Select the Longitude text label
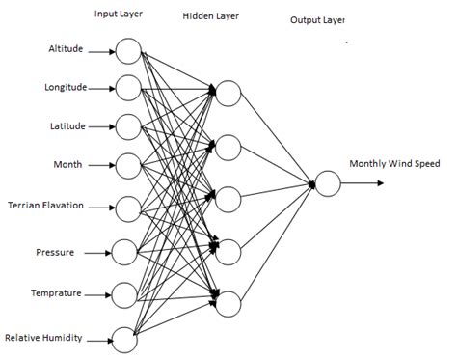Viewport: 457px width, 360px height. click(66, 88)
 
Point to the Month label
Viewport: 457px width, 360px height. click(68, 164)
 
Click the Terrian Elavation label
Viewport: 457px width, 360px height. click(45, 206)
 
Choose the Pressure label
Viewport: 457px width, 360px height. click(55, 252)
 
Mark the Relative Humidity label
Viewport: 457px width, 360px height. click(43, 337)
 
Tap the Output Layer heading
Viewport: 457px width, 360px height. click(317, 20)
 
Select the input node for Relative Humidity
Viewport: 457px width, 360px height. click(125, 337)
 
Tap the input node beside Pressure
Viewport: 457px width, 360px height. click(125, 252)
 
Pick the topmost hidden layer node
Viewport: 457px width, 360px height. click(228, 93)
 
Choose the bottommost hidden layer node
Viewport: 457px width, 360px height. click(228, 303)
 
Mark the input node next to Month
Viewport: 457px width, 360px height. click(127, 165)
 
